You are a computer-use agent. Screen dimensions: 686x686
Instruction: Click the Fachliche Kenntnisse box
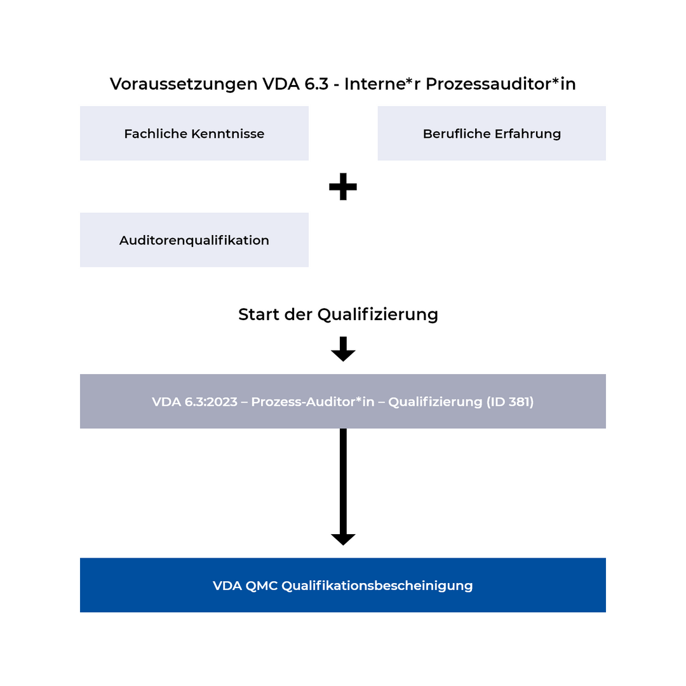pyautogui.click(x=194, y=133)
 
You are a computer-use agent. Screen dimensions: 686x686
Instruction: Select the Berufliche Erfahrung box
pyautogui.click(x=492, y=133)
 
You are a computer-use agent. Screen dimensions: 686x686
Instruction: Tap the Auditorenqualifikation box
pyautogui.click(x=194, y=240)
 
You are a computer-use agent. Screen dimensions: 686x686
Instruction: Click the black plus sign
pyautogui.click(x=343, y=187)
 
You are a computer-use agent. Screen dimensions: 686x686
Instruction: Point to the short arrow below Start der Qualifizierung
pyautogui.click(x=343, y=349)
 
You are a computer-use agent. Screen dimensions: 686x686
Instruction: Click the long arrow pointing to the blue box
pyautogui.click(x=343, y=486)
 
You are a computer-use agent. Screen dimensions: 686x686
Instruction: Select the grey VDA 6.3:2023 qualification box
pyautogui.click(x=343, y=401)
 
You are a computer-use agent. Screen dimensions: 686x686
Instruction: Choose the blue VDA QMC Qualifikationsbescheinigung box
pyautogui.click(x=343, y=585)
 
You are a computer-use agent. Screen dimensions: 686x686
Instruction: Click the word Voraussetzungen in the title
pyautogui.click(x=184, y=84)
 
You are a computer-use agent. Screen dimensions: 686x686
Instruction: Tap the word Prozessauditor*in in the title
pyautogui.click(x=501, y=84)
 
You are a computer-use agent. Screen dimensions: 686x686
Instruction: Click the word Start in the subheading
pyautogui.click(x=257, y=314)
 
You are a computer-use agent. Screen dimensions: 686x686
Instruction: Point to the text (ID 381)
pyautogui.click(x=510, y=402)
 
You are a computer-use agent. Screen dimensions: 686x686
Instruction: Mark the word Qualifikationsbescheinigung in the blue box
pyautogui.click(x=377, y=586)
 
